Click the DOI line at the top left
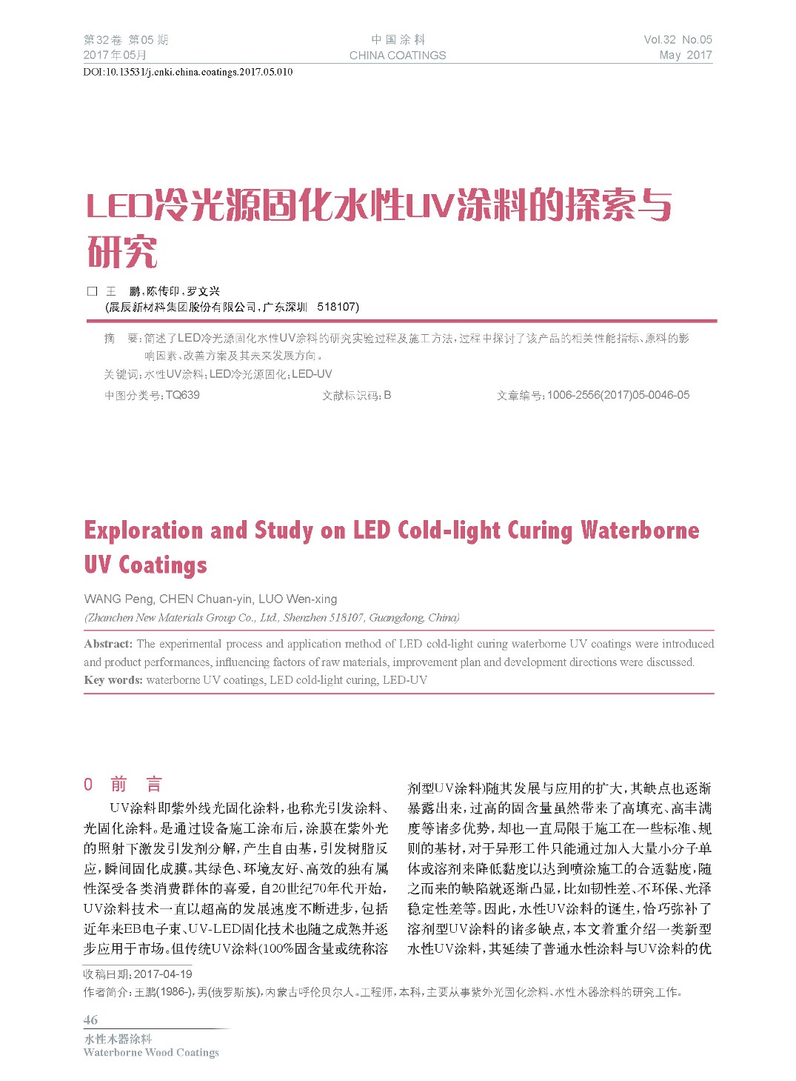click(x=187, y=72)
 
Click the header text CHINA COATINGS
click(x=398, y=56)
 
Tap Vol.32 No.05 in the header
click(x=678, y=40)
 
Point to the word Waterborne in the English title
click(x=640, y=530)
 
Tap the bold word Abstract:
click(x=108, y=644)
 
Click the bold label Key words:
click(x=113, y=680)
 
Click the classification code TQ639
click(x=183, y=395)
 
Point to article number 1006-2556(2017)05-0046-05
click(x=618, y=395)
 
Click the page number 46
click(x=90, y=1020)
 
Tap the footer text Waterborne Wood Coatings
click(x=151, y=1052)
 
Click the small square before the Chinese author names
click(x=92, y=291)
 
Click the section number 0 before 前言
click(x=88, y=784)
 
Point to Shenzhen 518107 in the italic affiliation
click(x=324, y=618)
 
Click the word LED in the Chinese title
click(x=119, y=205)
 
